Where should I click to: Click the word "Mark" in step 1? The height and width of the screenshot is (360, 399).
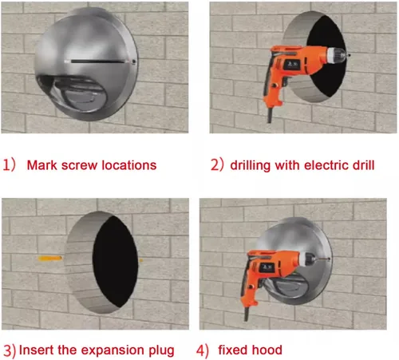coord(41,165)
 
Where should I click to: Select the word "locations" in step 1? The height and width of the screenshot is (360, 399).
coord(129,165)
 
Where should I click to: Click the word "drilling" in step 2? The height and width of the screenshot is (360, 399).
coord(251,166)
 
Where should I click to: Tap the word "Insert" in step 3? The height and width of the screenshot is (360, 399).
coord(36,350)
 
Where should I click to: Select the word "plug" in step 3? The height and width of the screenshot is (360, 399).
coord(161,351)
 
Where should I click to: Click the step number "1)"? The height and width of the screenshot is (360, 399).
coord(9,165)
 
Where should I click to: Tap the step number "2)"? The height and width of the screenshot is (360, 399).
coord(217,165)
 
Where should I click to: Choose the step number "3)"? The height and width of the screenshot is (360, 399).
coord(10,350)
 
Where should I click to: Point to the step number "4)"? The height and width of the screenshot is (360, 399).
coord(203,350)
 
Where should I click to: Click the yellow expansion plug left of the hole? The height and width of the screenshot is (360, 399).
coord(50,258)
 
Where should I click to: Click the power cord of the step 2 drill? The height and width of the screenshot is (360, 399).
coord(270,115)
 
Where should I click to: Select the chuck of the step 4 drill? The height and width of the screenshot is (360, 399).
coord(308,259)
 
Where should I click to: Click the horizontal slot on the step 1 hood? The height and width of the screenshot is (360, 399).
coord(97,61)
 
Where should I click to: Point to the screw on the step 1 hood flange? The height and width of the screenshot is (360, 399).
coord(134,61)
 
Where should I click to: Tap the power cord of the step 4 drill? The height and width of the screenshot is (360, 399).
coord(247,314)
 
